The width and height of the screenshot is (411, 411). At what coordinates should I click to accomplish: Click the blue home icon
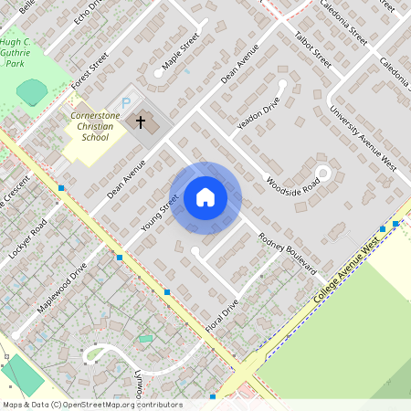[205, 197]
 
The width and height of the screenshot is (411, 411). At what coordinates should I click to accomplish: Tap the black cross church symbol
[141, 121]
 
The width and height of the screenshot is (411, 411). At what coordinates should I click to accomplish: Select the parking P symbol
[126, 103]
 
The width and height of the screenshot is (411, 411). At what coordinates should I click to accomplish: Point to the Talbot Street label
[313, 52]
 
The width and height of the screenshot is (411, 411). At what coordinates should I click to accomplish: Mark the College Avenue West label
[346, 273]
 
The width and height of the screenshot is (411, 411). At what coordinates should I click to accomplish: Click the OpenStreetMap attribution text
[91, 404]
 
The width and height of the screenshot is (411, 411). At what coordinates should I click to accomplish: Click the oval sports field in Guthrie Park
[33, 90]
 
